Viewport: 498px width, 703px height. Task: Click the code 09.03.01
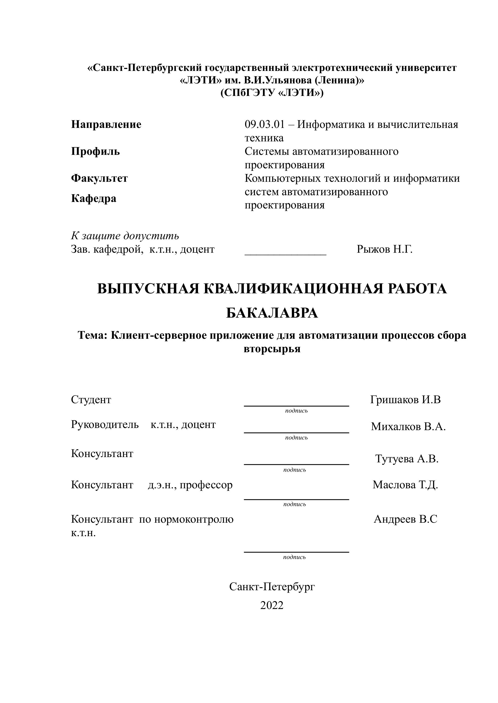click(x=265, y=125)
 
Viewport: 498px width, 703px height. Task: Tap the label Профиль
click(x=95, y=151)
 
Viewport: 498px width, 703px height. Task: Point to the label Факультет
click(x=99, y=178)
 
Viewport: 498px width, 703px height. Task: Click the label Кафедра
click(x=94, y=199)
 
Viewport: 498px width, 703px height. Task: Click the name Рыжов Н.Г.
click(x=384, y=250)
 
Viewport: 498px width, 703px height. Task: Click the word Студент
click(x=91, y=400)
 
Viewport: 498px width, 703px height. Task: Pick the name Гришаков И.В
click(x=405, y=400)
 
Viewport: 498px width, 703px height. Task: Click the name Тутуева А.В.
click(x=407, y=459)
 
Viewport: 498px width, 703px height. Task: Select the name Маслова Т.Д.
click(x=405, y=485)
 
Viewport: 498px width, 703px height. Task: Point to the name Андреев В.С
click(x=405, y=519)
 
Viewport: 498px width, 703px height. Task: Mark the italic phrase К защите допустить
click(x=125, y=236)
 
